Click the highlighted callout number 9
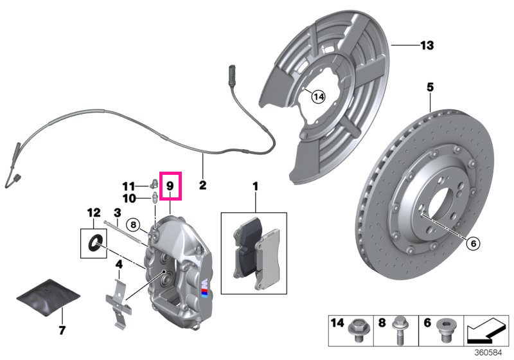170,186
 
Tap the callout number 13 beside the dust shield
427,45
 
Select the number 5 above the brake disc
430,87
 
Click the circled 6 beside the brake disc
474,243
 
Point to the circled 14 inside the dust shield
318,96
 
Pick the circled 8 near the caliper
133,225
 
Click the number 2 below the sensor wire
202,185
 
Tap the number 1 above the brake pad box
255,186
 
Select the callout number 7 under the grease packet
62,330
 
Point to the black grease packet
48,298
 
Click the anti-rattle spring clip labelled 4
119,303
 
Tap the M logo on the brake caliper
205,289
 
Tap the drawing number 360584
488,353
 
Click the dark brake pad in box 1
247,248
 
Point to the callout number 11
128,186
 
